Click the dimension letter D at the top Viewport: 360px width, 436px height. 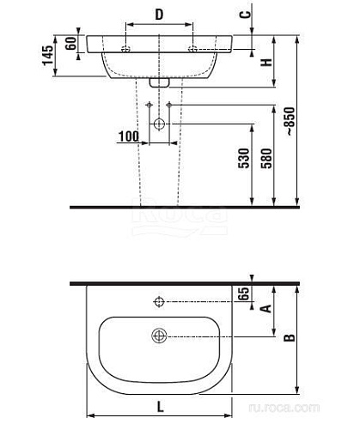159,15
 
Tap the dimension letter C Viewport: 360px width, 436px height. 245,15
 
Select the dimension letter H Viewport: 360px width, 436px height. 267,62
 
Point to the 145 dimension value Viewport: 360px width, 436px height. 48,55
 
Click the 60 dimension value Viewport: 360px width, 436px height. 71,43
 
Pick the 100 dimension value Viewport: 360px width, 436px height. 128,136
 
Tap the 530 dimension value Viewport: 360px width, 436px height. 244,158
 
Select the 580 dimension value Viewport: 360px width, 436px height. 266,158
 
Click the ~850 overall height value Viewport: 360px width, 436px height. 290,121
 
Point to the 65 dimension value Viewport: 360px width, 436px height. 244,294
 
